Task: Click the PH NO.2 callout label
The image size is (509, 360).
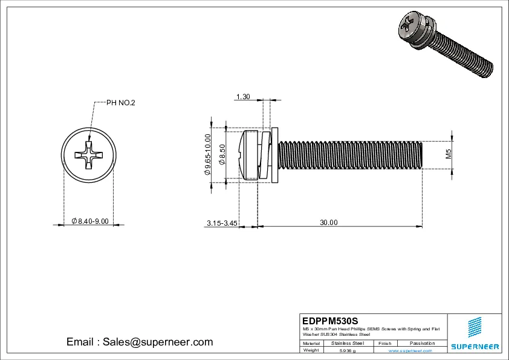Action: coord(121,103)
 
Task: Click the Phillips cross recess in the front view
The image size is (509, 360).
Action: coord(89,155)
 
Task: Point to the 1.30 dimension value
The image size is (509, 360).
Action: coord(243,97)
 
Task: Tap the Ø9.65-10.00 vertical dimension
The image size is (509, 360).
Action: coord(207,154)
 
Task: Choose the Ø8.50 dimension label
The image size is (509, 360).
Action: coord(222,155)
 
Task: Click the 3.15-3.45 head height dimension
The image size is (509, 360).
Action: coord(221,223)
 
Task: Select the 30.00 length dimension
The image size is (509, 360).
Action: coord(328,223)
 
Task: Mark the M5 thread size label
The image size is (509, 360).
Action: coord(449,154)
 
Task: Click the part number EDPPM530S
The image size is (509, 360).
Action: coord(330,320)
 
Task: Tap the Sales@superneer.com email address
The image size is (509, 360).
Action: coord(140,342)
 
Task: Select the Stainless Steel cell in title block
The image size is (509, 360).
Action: coord(348,343)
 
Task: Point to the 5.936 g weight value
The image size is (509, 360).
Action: coord(348,350)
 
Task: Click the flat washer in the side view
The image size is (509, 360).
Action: coord(274,154)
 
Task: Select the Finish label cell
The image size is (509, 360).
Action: coord(384,343)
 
